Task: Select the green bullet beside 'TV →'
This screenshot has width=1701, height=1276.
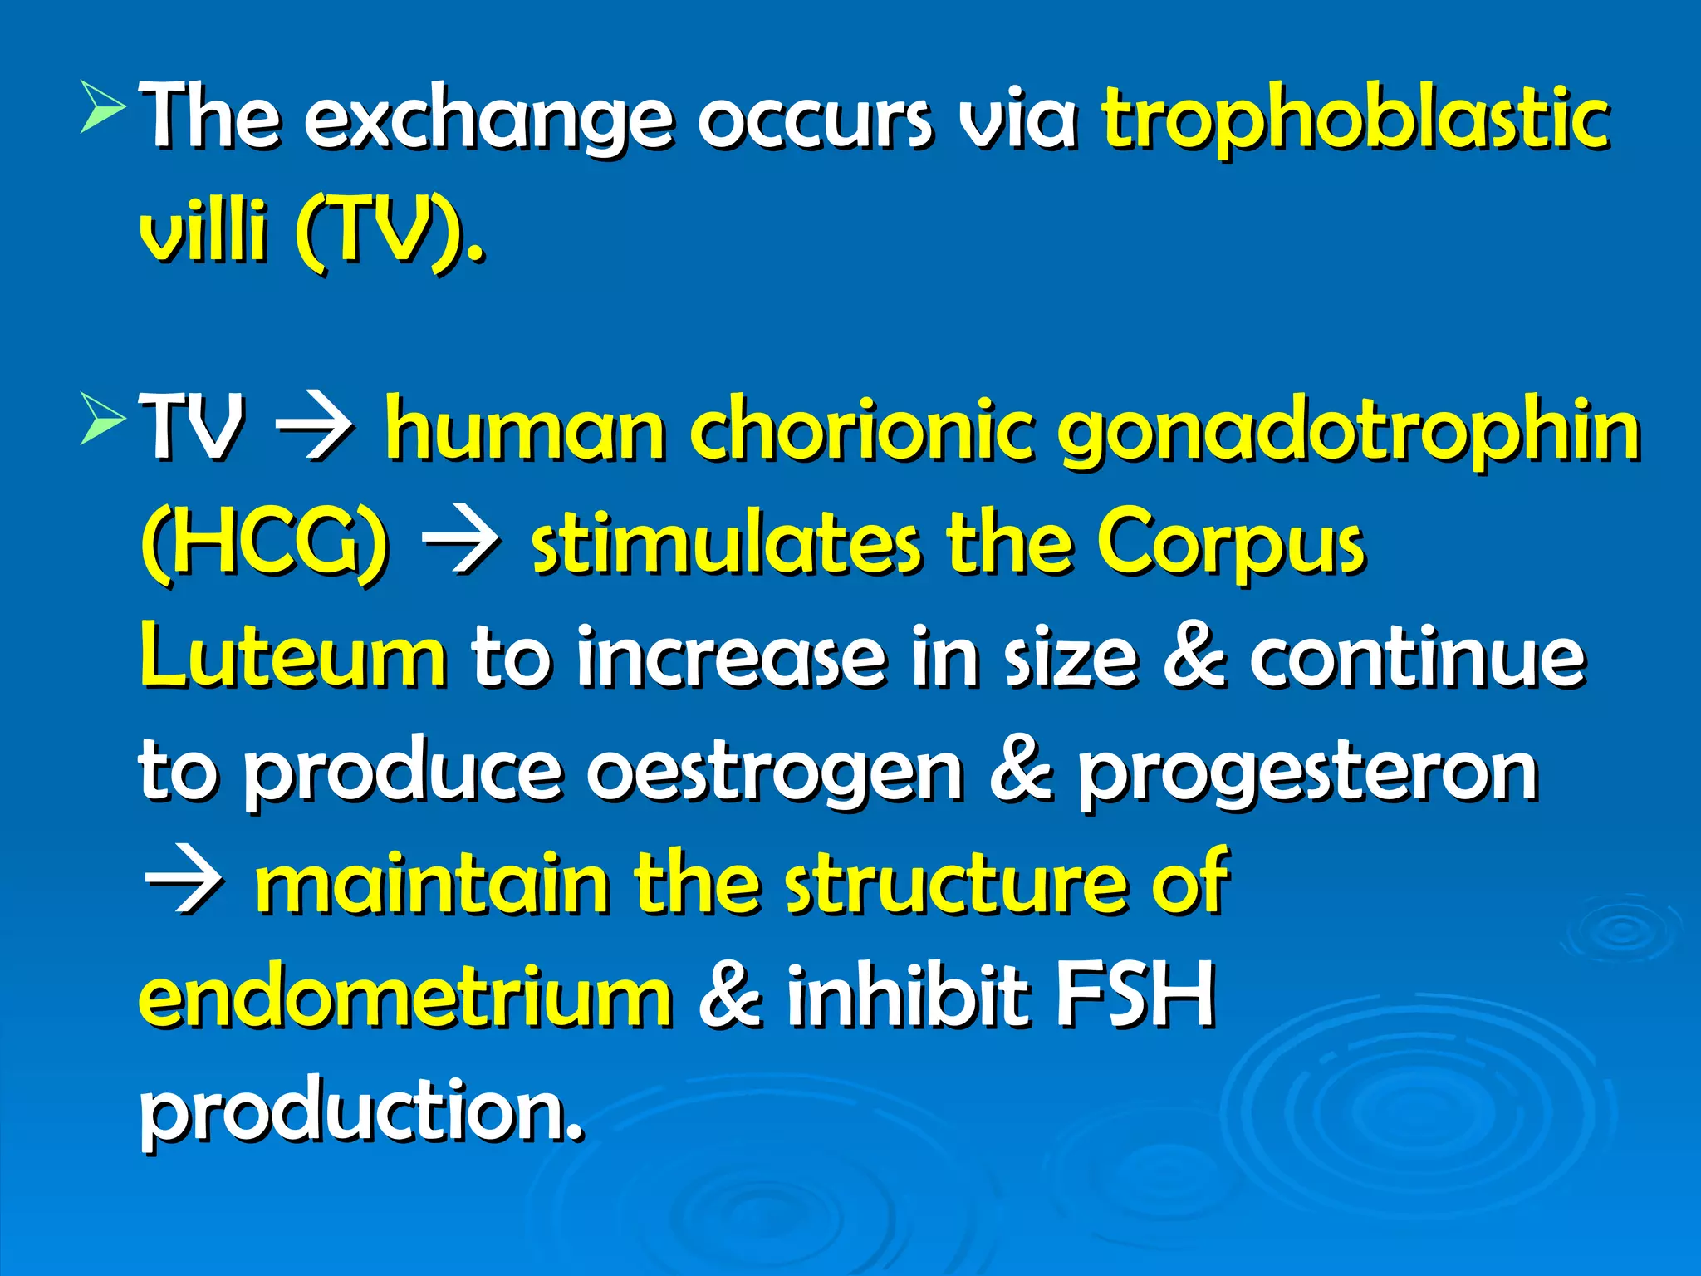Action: coord(103,420)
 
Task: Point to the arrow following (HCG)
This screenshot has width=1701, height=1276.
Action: coord(460,546)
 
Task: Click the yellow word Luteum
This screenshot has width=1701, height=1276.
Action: coord(293,656)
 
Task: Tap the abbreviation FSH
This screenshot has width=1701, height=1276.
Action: coord(1135,994)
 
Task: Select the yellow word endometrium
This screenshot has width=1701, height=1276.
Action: coord(405,996)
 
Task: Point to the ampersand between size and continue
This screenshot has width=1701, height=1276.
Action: coord(1194,656)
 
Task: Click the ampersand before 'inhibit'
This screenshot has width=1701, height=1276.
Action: coord(729,994)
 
